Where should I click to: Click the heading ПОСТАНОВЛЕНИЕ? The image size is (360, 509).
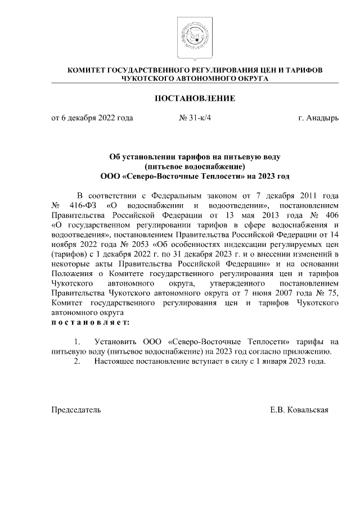coord(195,98)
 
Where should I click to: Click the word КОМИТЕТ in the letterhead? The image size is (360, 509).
coord(87,71)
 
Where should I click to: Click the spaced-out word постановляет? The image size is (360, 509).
coord(90,322)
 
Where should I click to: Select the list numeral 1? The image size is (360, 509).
coord(77,341)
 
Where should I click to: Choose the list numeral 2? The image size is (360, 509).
coord(77,361)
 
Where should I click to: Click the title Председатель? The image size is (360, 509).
coord(76,410)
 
